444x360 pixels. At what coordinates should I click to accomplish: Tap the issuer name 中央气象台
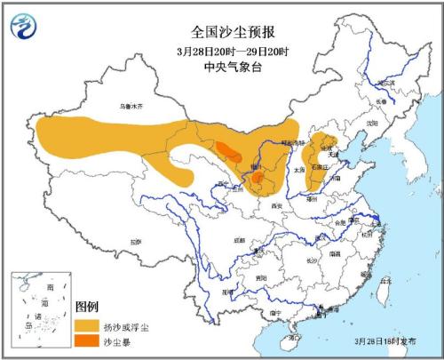(221, 41)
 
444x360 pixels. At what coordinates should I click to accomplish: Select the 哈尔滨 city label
(385, 83)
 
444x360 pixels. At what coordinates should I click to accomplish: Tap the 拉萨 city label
(134, 240)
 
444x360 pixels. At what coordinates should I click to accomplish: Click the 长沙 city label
(313, 260)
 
